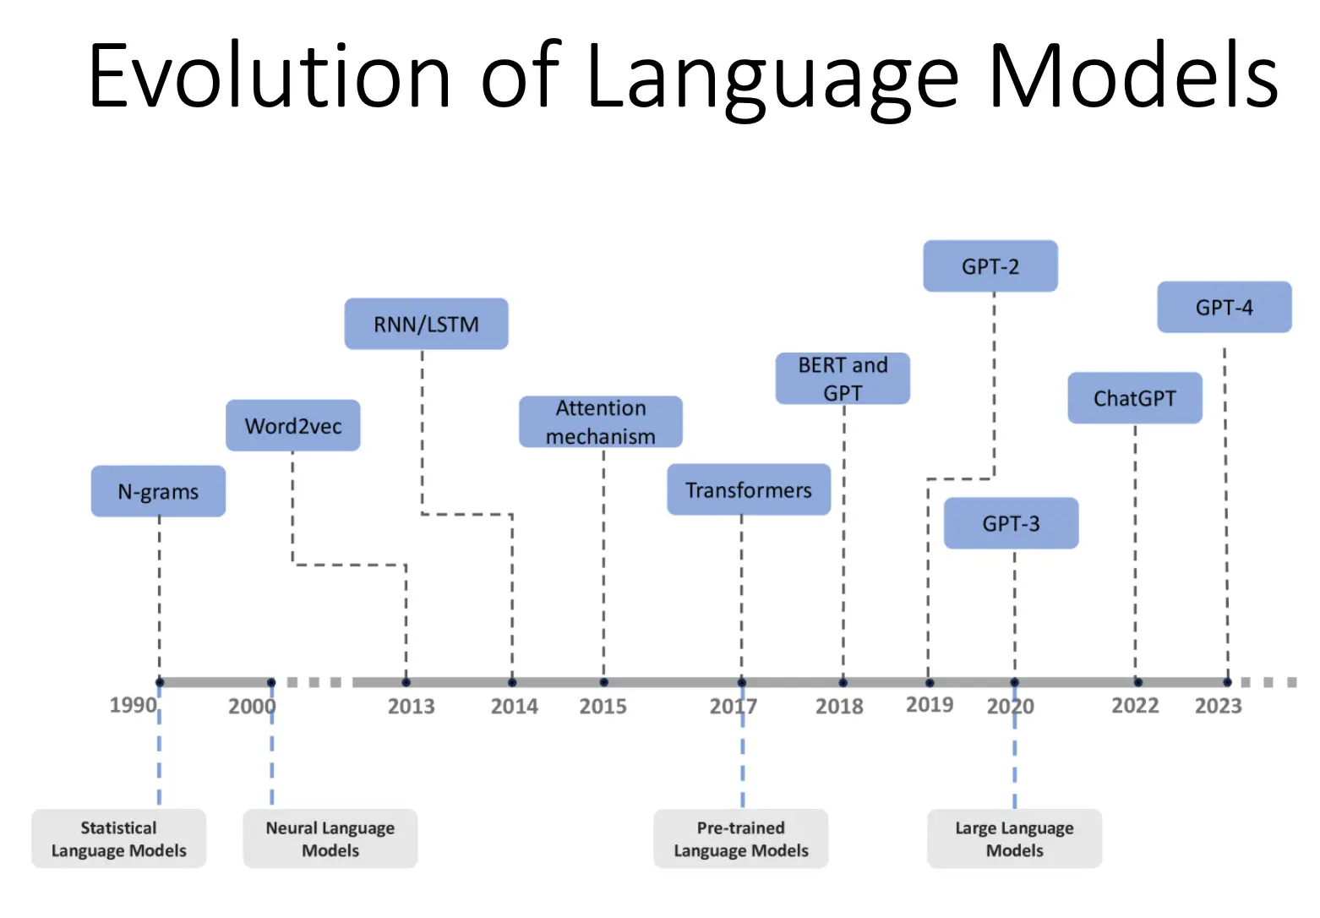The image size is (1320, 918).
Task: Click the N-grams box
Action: pos(158,491)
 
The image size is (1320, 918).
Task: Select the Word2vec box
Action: pos(293,425)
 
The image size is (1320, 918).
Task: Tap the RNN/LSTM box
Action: pos(426,324)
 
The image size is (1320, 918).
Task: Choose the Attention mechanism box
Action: pos(601,422)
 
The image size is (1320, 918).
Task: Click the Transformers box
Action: pos(749,489)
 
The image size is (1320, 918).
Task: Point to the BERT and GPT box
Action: pos(843,379)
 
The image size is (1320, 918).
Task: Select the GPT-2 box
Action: pos(990,266)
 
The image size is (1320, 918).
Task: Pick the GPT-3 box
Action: pos(1012,523)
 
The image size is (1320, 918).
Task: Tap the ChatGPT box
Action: pos(1135,398)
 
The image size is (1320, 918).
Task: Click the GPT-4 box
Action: pos(1225,307)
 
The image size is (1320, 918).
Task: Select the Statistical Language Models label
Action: pos(118,839)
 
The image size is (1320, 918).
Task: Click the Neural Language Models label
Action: pos(330,839)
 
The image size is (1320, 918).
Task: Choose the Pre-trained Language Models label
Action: pos(741,839)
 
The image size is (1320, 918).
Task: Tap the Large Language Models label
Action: pos(1014,839)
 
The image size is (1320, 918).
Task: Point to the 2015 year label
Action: pos(603,707)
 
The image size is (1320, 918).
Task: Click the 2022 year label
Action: pos(1135,706)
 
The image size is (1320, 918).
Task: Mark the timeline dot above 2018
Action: pos(843,683)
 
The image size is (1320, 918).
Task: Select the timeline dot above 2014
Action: pos(512,683)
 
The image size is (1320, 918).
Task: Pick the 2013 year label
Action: pos(412,707)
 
